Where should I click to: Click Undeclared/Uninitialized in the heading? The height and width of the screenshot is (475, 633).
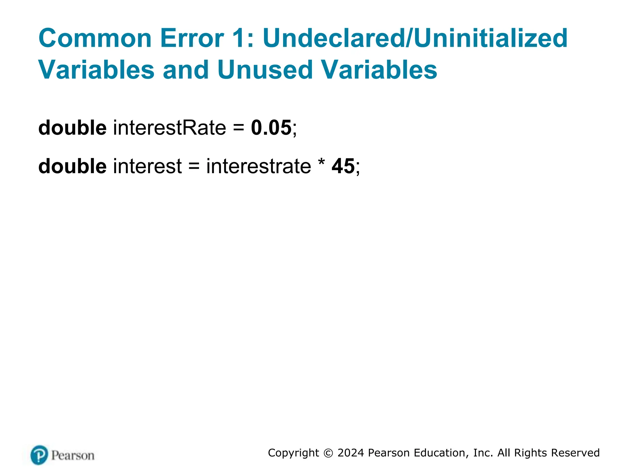tap(415, 38)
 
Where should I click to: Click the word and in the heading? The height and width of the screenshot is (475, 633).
tap(186, 70)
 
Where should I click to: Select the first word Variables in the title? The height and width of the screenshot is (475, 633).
tap(96, 70)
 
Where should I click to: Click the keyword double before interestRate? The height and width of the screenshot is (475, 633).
tap(72, 127)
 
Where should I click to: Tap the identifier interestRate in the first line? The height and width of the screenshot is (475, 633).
tap(169, 127)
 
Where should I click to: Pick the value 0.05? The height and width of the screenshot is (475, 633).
tap(271, 127)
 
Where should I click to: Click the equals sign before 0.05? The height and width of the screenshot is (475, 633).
tap(238, 128)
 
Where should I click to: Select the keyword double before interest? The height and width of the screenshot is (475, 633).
tap(72, 166)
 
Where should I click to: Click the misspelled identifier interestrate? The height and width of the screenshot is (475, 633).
tap(258, 166)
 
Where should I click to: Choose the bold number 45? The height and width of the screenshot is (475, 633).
tap(343, 166)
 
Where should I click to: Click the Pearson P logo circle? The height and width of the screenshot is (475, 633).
tap(39, 455)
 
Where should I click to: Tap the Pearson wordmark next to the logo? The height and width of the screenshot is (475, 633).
tap(73, 456)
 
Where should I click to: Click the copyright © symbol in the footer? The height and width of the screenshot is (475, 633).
tap(328, 453)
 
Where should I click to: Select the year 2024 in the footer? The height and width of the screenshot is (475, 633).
tap(350, 453)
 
